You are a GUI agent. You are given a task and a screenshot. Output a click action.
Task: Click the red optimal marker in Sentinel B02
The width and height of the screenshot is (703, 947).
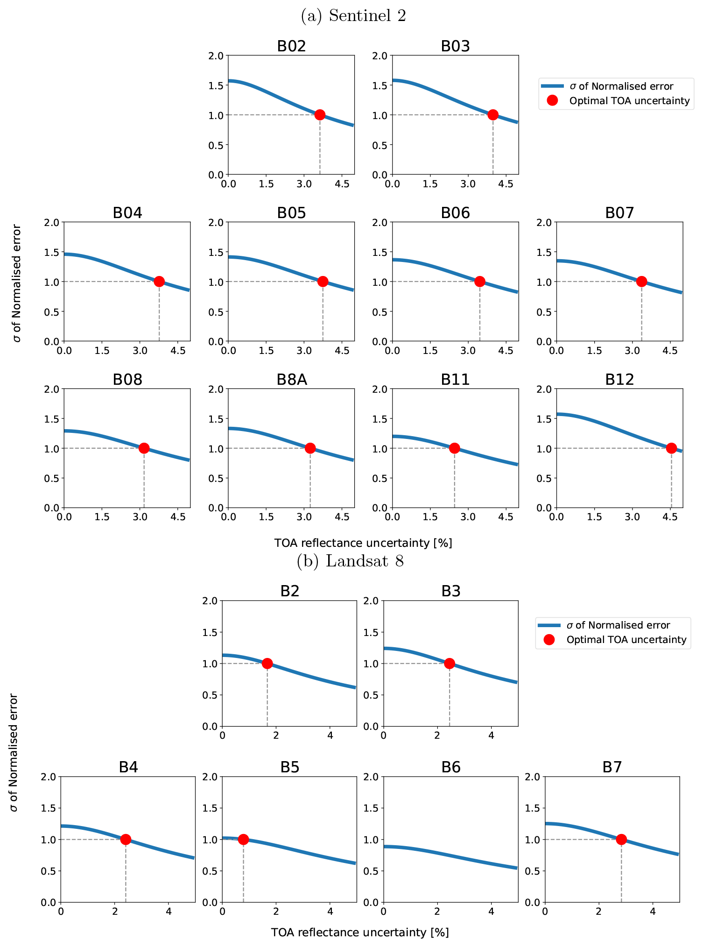[x=320, y=115]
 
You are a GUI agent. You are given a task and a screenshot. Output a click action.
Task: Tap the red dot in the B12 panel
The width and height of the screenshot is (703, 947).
[x=671, y=448]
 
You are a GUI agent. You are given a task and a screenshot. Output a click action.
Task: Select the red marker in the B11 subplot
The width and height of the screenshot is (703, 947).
[x=454, y=448]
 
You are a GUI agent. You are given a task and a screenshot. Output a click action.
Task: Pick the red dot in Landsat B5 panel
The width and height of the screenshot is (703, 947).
[x=243, y=839]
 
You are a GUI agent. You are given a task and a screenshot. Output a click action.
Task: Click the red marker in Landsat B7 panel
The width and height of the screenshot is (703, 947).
[x=621, y=839]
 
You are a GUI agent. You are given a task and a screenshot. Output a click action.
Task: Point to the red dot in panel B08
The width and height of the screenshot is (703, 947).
[x=144, y=448]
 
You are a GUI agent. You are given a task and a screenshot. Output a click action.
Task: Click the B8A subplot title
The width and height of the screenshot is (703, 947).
[x=291, y=380]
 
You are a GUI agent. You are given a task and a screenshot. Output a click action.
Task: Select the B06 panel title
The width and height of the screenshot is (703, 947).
[x=455, y=213]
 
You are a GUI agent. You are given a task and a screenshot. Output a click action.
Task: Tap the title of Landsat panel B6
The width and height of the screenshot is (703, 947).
[x=451, y=767]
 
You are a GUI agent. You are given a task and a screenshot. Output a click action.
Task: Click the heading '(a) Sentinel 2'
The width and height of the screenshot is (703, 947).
[x=353, y=16]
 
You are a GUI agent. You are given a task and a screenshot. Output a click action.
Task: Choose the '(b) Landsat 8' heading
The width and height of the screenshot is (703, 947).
[x=350, y=561]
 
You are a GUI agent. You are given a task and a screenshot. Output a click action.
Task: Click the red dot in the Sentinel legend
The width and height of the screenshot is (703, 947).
[x=552, y=100]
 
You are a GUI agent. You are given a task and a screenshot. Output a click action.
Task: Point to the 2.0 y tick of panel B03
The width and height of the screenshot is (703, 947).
[x=381, y=56]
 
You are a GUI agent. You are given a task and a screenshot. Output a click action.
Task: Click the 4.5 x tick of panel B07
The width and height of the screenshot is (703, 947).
[x=670, y=350]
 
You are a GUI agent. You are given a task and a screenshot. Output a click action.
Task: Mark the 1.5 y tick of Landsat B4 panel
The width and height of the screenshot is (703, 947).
[x=49, y=808]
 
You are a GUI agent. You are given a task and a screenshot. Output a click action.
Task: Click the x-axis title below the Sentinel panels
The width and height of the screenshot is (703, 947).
[x=363, y=543]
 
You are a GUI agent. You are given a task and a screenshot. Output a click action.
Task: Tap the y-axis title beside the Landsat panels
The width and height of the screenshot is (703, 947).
[x=14, y=752]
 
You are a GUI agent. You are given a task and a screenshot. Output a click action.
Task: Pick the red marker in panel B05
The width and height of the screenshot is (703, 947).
[x=323, y=282]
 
